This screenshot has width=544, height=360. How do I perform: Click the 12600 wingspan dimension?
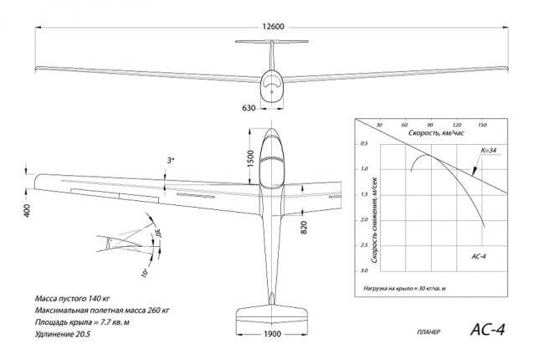(x=273, y=27)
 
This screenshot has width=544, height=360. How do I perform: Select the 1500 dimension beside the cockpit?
(x=249, y=159)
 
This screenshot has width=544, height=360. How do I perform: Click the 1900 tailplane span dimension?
(x=273, y=334)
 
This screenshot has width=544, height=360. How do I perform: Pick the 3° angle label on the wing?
(x=170, y=158)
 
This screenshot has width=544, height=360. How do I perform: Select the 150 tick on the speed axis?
(x=481, y=125)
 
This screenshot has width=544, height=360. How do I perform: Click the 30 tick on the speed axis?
(x=380, y=125)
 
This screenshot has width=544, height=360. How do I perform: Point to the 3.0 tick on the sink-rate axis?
(x=364, y=272)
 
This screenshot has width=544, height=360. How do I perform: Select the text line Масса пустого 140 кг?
(x=74, y=298)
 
